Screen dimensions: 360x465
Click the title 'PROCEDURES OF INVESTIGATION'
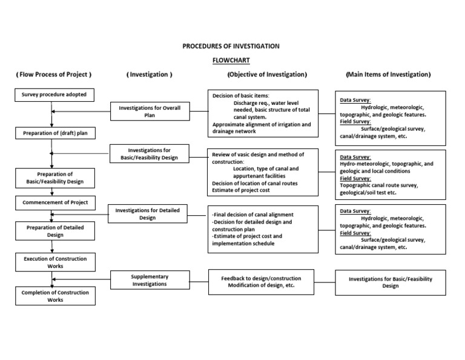pos(231,46)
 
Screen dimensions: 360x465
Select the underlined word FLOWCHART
pos(231,61)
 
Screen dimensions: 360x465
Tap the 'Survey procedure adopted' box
pos(54,95)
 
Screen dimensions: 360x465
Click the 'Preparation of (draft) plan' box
pos(54,133)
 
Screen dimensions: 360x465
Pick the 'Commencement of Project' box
pos(54,202)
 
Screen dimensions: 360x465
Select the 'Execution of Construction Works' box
pos(54,262)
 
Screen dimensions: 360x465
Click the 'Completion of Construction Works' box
pos(54,296)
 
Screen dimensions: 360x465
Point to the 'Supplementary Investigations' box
pos(150,280)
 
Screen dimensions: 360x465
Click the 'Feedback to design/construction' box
pos(261,282)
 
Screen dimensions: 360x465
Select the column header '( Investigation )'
pos(150,75)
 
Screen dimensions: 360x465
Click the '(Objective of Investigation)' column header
pos(266,75)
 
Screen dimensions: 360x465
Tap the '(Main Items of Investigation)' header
pos(388,75)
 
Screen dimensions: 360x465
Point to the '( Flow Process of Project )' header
pos(54,75)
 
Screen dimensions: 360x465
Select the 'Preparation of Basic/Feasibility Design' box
pos(54,178)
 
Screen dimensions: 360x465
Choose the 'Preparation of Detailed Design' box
pos(54,231)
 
